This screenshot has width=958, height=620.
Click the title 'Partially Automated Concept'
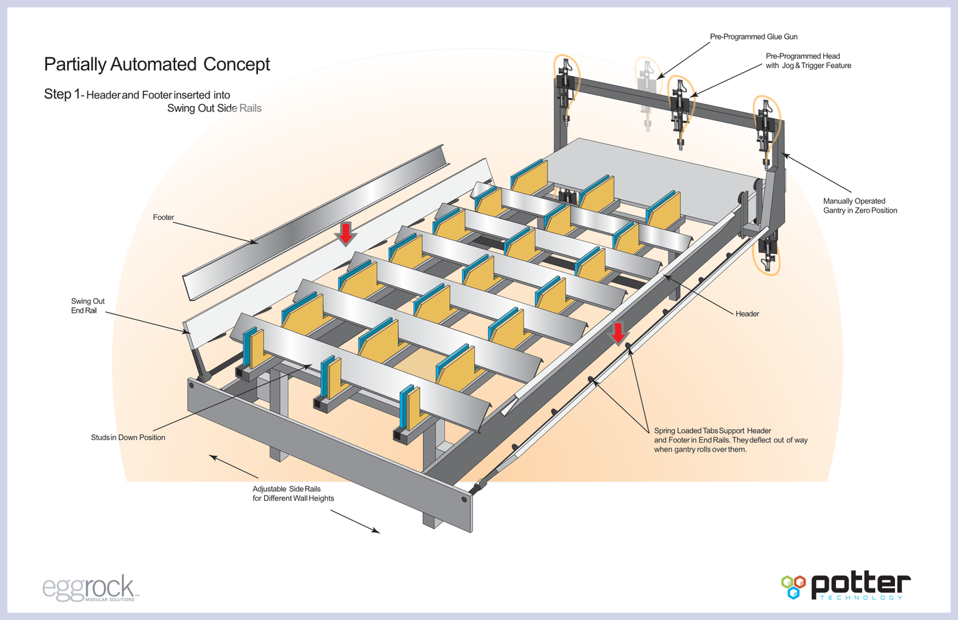pyautogui.click(x=157, y=64)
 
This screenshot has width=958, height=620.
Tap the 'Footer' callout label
pyautogui.click(x=164, y=218)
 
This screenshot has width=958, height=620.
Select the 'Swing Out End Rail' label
pyautogui.click(x=88, y=306)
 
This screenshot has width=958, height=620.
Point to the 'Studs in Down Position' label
pyautogui.click(x=128, y=438)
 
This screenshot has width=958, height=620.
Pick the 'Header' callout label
pyautogui.click(x=747, y=314)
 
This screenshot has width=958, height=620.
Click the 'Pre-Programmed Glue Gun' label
pyautogui.click(x=753, y=37)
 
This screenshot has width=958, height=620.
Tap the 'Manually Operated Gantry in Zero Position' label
pyautogui.click(x=859, y=206)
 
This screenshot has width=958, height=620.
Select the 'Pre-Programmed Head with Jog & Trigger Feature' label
pyautogui.click(x=808, y=61)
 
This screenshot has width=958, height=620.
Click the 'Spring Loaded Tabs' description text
pyautogui.click(x=730, y=440)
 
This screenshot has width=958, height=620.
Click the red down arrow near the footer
pyautogui.click(x=346, y=233)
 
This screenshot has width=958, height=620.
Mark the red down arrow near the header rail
pyautogui.click(x=619, y=333)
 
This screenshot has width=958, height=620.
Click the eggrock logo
pyautogui.click(x=90, y=588)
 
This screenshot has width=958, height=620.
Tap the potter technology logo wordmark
pyautogui.click(x=860, y=585)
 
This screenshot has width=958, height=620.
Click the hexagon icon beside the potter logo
pyautogui.click(x=794, y=586)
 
